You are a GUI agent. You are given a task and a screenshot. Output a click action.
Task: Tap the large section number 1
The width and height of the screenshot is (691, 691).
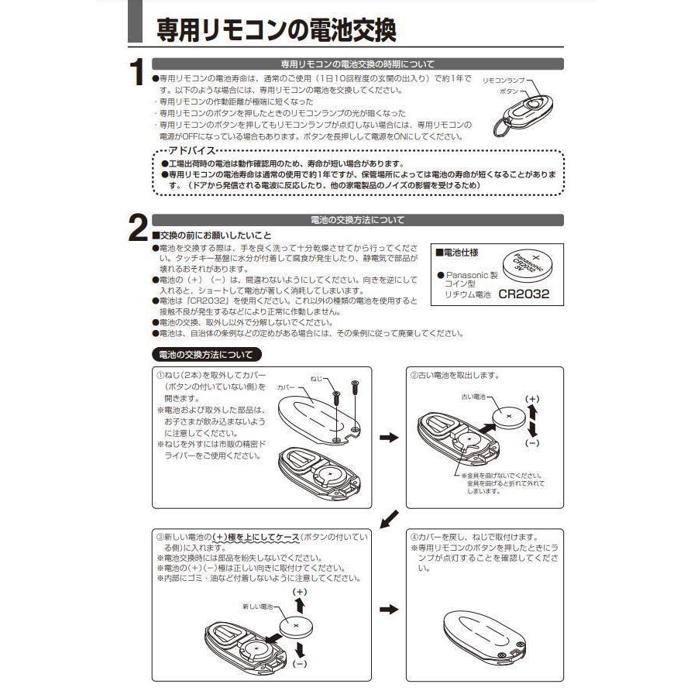(137, 74)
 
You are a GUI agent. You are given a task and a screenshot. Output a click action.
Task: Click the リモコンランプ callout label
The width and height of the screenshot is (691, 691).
(504, 80)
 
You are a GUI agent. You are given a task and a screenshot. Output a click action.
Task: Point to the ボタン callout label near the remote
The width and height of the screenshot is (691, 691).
(509, 91)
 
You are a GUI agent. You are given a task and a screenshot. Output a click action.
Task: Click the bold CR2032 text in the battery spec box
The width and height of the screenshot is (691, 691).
(524, 294)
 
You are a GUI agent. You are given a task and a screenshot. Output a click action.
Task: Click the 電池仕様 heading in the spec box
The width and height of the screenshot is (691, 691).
(457, 253)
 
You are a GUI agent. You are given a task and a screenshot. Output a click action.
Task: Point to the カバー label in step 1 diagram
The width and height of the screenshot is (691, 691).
(286, 385)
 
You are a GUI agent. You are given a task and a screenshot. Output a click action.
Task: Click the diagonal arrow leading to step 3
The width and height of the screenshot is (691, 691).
(392, 517)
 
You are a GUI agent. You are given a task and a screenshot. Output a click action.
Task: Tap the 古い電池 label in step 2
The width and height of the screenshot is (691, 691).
(471, 396)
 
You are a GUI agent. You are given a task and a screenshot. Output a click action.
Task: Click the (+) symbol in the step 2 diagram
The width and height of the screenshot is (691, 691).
(532, 398)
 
